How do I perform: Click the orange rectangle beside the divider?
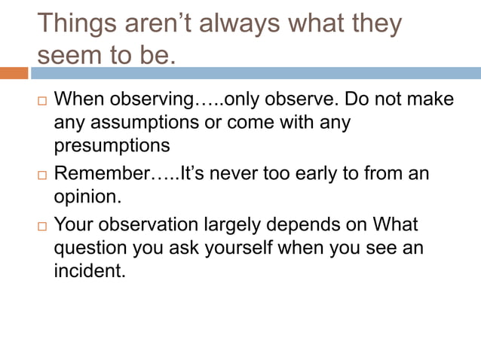(14, 73)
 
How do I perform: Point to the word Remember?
(102, 174)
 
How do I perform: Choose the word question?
(89, 248)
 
